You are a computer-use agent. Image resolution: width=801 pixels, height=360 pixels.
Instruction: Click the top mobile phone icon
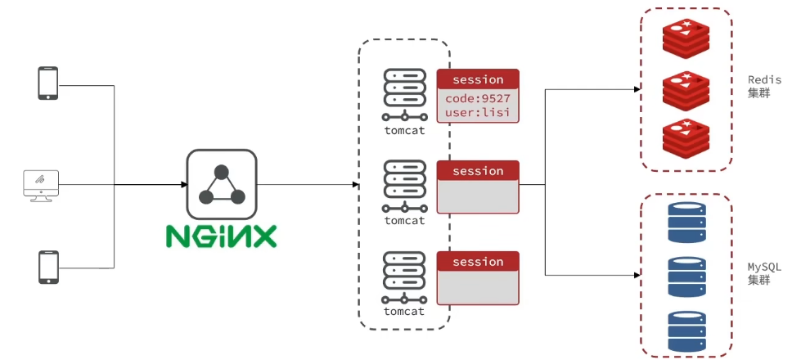coord(48,83)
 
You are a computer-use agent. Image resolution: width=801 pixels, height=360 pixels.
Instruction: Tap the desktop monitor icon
coord(42,186)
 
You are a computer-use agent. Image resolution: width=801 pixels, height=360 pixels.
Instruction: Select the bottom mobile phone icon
coord(48,267)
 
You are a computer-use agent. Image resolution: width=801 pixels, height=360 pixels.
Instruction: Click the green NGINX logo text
coord(221,236)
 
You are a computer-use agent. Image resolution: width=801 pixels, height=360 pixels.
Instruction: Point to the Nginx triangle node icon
coord(221,184)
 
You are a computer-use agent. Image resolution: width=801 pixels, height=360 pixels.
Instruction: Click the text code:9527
coord(477,97)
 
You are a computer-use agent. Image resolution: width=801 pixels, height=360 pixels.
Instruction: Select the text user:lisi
coord(477,112)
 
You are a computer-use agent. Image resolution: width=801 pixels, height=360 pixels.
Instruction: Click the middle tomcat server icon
coord(404,187)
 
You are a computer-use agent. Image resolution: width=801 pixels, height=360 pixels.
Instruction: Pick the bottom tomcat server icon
coord(404,277)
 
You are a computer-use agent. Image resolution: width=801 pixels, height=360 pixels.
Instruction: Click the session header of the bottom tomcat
coord(478,262)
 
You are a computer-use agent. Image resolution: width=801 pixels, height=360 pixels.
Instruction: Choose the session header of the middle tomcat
coord(478,170)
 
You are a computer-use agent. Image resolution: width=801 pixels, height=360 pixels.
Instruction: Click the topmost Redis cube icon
coord(686,34)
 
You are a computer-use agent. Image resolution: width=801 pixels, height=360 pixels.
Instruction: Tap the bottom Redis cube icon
coord(686,135)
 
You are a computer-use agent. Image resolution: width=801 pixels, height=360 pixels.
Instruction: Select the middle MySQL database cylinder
coord(687,277)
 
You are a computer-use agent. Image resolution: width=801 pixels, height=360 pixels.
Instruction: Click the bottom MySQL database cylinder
coord(687,331)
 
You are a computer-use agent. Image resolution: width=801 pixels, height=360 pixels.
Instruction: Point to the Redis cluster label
coord(764,87)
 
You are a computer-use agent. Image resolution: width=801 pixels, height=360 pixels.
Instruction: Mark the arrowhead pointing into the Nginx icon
coord(184,184)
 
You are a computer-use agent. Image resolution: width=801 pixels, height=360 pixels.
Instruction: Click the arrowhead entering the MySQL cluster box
coord(637,275)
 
